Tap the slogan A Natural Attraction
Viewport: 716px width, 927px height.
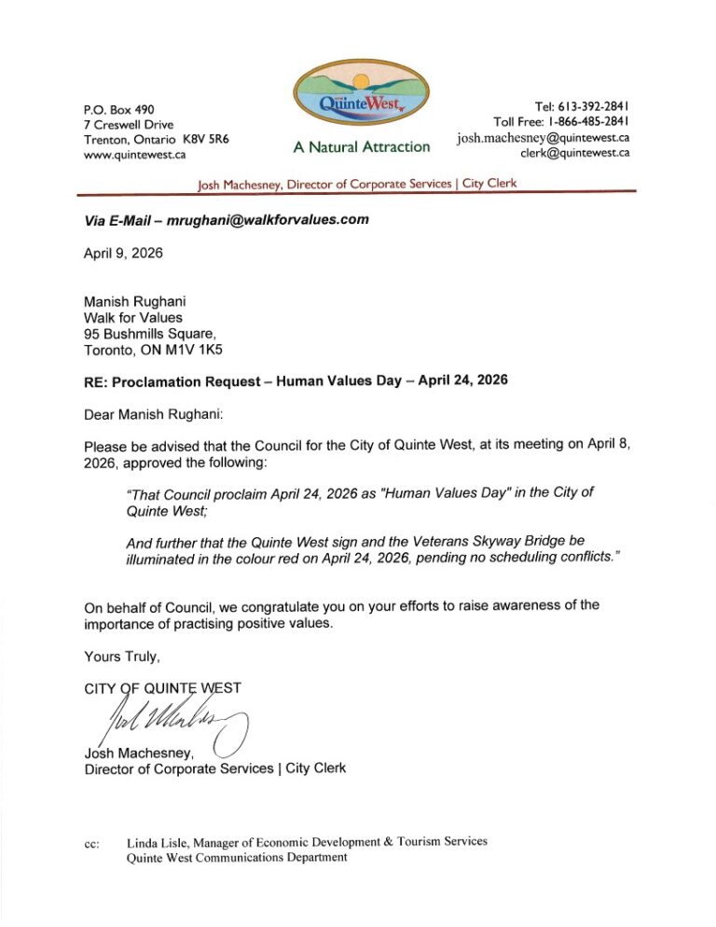tap(362, 146)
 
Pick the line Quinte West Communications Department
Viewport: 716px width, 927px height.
tap(237, 858)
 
